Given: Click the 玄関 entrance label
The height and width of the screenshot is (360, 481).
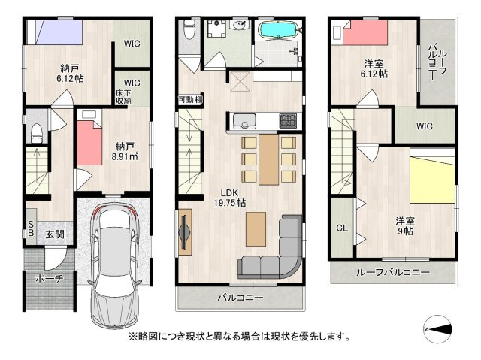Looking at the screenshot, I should point(54,234).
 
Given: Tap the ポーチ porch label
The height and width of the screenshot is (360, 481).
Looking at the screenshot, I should point(48,278).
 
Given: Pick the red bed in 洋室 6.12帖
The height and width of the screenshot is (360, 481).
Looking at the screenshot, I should point(365,35).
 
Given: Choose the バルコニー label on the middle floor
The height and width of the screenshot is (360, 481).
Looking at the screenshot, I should point(240,298).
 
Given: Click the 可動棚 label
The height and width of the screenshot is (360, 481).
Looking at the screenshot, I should point(189,99).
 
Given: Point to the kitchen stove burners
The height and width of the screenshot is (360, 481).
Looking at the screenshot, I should point(289,120).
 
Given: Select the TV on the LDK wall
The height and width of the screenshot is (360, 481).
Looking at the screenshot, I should point(185,231).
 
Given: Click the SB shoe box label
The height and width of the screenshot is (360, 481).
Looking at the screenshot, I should point(31,228).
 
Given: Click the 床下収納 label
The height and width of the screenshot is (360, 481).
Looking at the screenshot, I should point(123,95).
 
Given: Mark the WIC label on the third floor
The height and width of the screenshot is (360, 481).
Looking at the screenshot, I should point(424,126).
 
